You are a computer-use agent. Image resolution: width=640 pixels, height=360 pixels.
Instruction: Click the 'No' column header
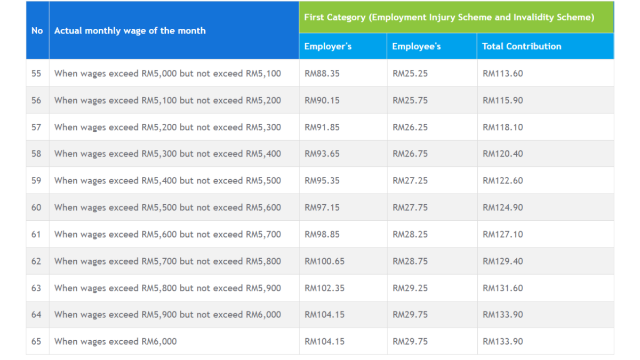point(37,30)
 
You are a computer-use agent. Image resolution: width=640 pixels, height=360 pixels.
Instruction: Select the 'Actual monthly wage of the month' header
point(130,30)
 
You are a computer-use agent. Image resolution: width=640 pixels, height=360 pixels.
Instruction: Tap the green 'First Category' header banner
point(449,17)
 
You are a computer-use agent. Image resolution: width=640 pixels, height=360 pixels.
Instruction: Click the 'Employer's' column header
point(327,46)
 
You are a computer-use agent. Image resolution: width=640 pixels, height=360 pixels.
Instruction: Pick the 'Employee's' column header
point(416,46)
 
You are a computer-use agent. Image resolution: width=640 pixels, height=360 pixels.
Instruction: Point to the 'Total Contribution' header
point(521,46)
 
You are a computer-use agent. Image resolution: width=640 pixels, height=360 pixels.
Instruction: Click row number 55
point(36,74)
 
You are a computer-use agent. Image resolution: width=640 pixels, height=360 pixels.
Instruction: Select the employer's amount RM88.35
point(322,74)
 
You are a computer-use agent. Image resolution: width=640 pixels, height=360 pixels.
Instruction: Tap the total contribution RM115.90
point(502,100)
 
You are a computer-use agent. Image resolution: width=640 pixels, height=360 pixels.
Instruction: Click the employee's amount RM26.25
point(410,127)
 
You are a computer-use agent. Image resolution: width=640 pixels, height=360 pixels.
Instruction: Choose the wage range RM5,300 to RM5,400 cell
point(167,154)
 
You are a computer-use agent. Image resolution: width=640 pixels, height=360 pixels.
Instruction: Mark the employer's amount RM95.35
point(322,180)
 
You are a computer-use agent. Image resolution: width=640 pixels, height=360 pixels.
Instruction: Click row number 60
point(36,207)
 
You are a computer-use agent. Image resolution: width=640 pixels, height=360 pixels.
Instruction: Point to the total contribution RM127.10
point(502,234)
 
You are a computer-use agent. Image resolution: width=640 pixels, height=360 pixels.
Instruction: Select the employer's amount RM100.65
point(324,261)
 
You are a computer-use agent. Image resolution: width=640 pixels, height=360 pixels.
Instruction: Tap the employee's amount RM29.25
point(410,288)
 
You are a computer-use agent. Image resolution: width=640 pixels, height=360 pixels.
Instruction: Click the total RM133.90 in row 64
point(502,315)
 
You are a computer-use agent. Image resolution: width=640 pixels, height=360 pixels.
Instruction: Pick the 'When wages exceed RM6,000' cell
point(115,341)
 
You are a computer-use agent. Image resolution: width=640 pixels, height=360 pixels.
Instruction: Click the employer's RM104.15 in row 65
point(324,341)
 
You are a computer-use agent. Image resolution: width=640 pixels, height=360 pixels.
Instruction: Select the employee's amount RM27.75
point(410,207)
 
